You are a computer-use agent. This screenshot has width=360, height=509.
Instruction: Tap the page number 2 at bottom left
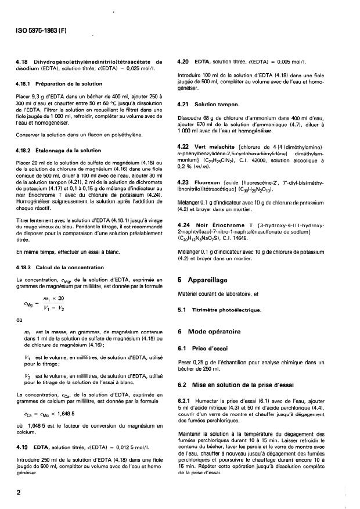(x=19, y=492)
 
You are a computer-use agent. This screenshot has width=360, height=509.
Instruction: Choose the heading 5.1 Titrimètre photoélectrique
(x=218, y=309)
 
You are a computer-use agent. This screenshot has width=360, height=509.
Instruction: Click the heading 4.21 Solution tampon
(x=208, y=105)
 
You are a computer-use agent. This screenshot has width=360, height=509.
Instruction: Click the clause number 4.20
(x=183, y=61)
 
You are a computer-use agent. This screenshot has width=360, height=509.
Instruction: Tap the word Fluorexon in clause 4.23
(x=209, y=183)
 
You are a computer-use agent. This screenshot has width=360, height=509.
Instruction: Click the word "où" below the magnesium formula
(x=20, y=318)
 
